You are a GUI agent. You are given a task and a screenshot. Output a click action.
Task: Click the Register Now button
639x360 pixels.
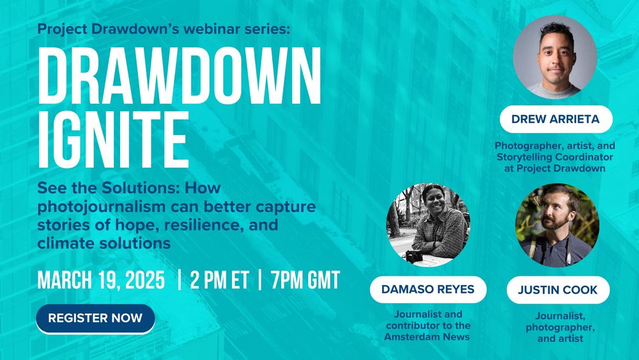tap(95, 318)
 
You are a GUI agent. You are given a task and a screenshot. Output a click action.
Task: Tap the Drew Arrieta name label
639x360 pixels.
tap(555, 119)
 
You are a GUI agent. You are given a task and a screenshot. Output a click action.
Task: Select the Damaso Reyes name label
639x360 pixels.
tap(428, 290)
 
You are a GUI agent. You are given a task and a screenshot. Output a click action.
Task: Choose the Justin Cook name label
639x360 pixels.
tap(558, 290)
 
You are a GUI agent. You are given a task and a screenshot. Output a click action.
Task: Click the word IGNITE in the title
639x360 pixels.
tap(113, 140)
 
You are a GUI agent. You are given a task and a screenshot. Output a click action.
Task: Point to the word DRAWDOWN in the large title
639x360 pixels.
tap(180, 76)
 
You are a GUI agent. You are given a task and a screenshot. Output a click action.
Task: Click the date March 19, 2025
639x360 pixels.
tap(101, 280)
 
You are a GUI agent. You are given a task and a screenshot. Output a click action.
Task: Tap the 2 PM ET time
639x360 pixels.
tap(219, 280)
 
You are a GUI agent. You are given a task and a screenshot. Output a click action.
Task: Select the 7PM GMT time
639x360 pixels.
tap(305, 280)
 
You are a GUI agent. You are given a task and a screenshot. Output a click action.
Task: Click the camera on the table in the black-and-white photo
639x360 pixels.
tap(414, 256)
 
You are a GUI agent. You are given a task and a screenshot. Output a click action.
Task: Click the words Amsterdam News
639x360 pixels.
tap(427, 337)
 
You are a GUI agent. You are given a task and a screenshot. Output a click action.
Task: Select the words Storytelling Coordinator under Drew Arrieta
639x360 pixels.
tap(555, 157)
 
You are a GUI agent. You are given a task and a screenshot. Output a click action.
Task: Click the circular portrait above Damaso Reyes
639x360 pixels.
tap(428, 224)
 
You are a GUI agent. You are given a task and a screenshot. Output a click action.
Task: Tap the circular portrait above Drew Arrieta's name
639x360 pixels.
tap(555, 57)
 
